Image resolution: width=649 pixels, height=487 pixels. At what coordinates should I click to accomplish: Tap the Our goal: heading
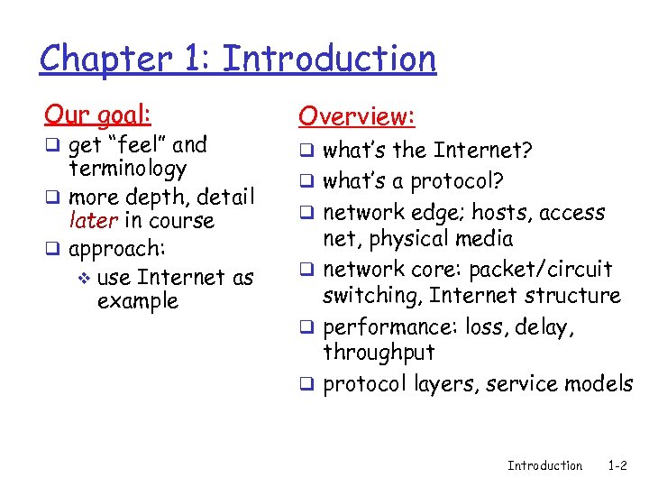[97, 115]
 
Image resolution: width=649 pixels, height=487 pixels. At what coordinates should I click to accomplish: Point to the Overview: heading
[357, 116]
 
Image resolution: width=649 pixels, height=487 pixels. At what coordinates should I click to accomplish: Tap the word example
[138, 300]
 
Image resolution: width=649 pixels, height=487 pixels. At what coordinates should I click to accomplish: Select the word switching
[372, 295]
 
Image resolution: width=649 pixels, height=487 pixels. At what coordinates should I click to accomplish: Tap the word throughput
[379, 352]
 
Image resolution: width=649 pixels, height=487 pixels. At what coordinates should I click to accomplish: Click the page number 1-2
[617, 465]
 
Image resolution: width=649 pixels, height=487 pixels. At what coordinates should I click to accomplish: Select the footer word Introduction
[544, 465]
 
